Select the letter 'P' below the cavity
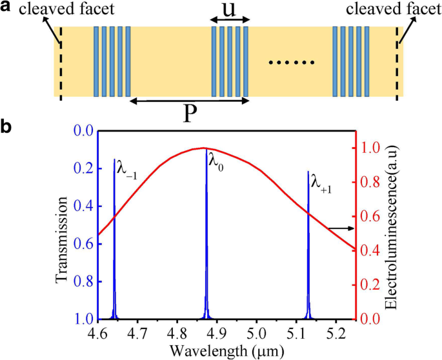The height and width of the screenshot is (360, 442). click(189, 115)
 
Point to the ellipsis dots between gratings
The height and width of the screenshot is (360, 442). click(291, 63)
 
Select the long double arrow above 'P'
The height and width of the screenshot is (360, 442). click(189, 101)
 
